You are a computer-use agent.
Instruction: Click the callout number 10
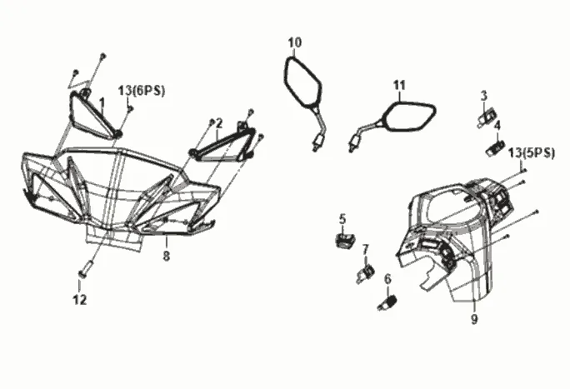(295, 42)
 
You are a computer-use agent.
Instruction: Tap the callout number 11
(399, 85)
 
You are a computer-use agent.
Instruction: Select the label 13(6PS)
(142, 91)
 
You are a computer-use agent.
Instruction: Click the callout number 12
(80, 300)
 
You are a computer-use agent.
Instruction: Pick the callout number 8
(166, 257)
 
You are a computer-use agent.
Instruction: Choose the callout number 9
(474, 320)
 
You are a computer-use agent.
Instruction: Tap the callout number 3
(483, 97)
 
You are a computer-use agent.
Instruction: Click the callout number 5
(342, 219)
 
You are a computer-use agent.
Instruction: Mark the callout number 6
(387, 279)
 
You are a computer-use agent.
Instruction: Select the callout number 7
(365, 250)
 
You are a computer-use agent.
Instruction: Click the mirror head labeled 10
(302, 82)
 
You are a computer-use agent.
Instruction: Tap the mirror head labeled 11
(410, 117)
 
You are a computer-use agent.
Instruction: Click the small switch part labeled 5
(345, 240)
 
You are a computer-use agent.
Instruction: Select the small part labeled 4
(496, 148)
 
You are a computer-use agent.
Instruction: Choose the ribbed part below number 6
(387, 302)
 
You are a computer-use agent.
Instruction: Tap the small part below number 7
(366, 274)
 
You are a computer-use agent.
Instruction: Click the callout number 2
(219, 124)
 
